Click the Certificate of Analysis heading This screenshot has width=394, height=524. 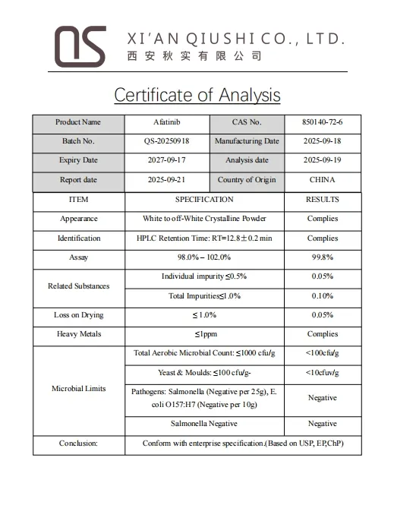coord(197,95)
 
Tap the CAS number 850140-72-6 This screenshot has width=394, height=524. coord(323,122)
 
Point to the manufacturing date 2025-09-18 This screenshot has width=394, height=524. coord(323,141)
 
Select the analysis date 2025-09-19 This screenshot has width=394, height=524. coord(323,160)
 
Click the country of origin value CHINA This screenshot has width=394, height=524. coord(323,180)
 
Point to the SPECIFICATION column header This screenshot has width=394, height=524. coord(204,200)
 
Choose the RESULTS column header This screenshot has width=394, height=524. coord(323,200)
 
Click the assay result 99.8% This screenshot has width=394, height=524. coord(323,257)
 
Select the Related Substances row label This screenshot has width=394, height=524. coord(78,286)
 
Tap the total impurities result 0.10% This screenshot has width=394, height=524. coord(323,296)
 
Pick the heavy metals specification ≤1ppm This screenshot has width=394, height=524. coord(204,334)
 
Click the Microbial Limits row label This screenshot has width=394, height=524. coord(78,389)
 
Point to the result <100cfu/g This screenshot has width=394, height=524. coord(323,353)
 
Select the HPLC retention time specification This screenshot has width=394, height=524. coord(204,238)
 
